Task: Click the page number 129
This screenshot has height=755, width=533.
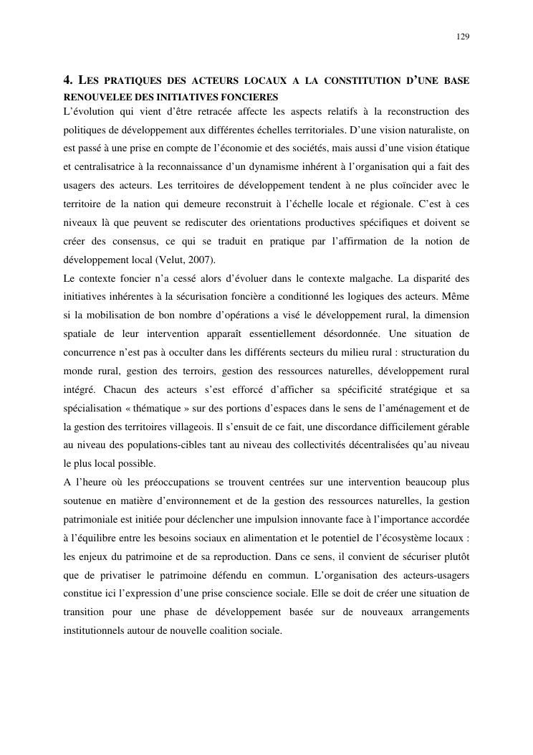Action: pos(463,37)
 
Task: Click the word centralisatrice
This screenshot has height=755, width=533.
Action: pos(100,167)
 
